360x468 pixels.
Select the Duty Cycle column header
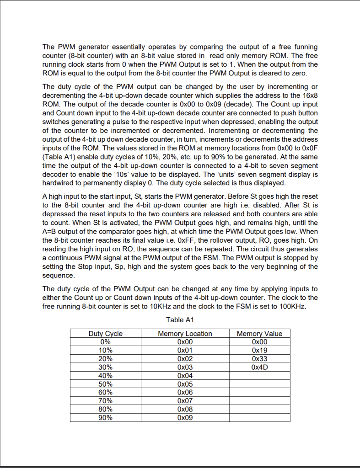pos(105,334)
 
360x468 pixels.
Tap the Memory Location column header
pos(185,334)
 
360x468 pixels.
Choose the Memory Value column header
pos(259,334)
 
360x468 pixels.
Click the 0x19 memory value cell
pos(259,351)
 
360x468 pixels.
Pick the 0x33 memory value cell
pos(259,359)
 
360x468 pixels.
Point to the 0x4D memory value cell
pos(259,367)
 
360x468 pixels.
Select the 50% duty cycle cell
pos(105,384)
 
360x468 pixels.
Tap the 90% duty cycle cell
pos(105,417)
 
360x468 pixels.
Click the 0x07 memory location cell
pos(185,401)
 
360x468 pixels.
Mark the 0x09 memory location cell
pos(185,417)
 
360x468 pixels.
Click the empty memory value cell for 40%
pos(259,376)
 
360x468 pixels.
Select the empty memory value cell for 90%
pos(259,417)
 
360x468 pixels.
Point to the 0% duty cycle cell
pos(105,342)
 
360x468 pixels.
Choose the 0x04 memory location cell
pos(185,376)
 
